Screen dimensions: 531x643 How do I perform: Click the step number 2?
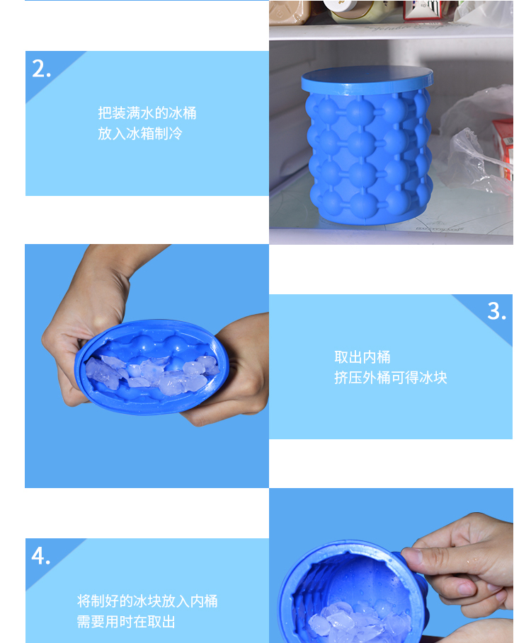click(42, 69)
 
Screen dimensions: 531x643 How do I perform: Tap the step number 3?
click(496, 311)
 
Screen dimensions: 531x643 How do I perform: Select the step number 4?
click(40, 556)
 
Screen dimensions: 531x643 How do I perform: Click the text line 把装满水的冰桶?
click(147, 112)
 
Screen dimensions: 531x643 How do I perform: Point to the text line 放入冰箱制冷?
click(140, 133)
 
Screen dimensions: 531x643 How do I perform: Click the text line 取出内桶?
click(362, 357)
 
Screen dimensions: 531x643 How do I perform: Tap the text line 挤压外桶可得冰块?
click(391, 377)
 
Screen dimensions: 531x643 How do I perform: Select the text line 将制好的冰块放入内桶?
click(147, 601)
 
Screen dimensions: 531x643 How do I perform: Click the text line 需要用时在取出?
click(126, 622)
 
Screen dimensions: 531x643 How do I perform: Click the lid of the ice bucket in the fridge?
click(367, 80)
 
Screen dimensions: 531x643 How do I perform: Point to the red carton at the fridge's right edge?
click(504, 148)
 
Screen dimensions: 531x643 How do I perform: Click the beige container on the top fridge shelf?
click(290, 12)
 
